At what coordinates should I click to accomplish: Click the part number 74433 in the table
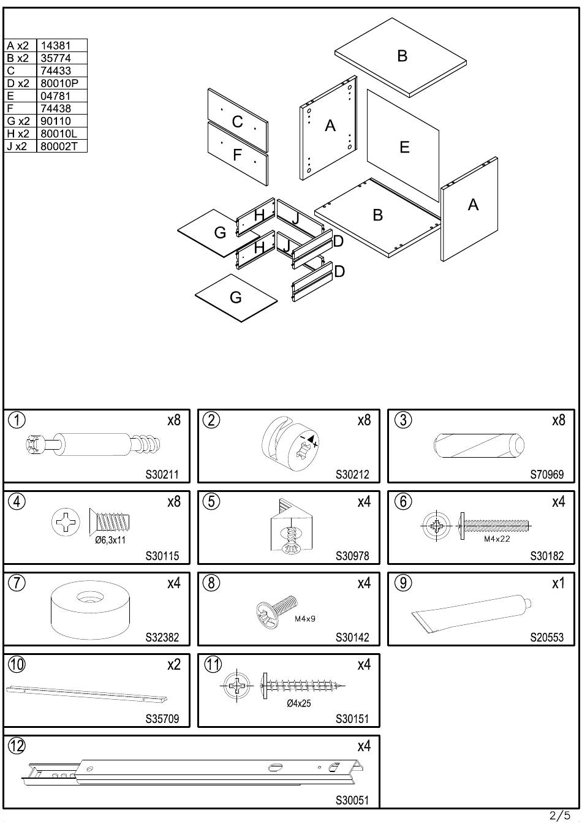pos(56,70)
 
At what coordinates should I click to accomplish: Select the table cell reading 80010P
pos(59,83)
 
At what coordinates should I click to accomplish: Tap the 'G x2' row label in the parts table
pos(18,121)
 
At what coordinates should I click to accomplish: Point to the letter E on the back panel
pos(404,147)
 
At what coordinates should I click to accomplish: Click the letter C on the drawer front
pos(237,122)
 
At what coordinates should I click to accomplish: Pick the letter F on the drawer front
pos(238,156)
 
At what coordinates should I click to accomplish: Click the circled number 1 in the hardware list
pos(17,420)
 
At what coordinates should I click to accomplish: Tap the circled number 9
pos(402,583)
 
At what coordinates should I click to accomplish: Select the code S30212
pos(352,475)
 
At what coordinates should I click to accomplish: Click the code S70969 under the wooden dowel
pos(546,475)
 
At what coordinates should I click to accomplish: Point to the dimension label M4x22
pos(496,539)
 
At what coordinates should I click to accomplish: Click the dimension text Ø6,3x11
pos(111,540)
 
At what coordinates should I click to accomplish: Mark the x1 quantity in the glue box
pos(557,583)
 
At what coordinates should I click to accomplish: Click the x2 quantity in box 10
pos(174,665)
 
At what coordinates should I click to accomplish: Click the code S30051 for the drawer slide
pos(352,800)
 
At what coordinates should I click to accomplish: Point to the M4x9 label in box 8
pos(304,619)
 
